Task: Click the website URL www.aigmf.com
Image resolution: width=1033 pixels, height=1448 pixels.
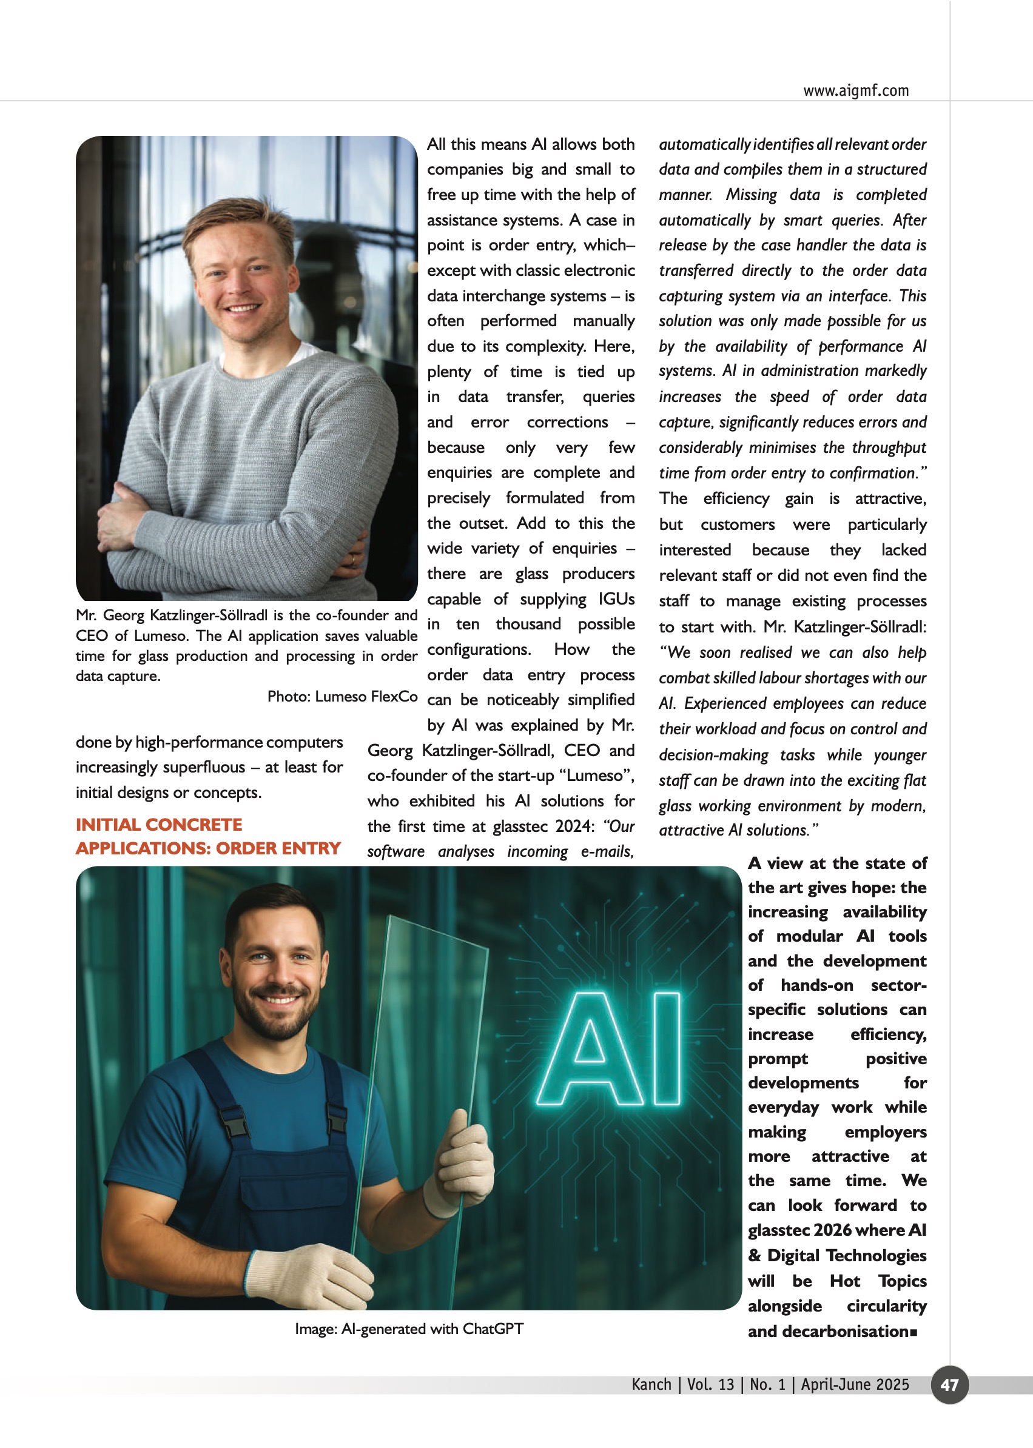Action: coord(855,91)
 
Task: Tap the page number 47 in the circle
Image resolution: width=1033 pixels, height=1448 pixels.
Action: coord(949,1384)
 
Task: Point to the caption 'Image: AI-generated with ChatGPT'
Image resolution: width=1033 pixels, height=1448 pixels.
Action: coord(409,1329)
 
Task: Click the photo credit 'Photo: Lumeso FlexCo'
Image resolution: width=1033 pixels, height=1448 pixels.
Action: coord(342,696)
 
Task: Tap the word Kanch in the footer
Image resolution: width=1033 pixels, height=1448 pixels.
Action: coord(651,1384)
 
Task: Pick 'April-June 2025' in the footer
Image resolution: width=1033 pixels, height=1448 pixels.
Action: coord(854,1384)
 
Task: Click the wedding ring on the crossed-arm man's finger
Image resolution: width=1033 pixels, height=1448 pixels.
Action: coord(354,560)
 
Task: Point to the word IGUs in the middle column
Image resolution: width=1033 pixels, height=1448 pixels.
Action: coord(616,599)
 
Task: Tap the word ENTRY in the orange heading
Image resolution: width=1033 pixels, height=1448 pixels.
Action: coord(311,848)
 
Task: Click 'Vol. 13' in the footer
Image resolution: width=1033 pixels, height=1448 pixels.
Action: coord(710,1384)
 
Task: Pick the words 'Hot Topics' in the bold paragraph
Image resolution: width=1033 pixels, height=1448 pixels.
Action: coord(878,1281)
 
